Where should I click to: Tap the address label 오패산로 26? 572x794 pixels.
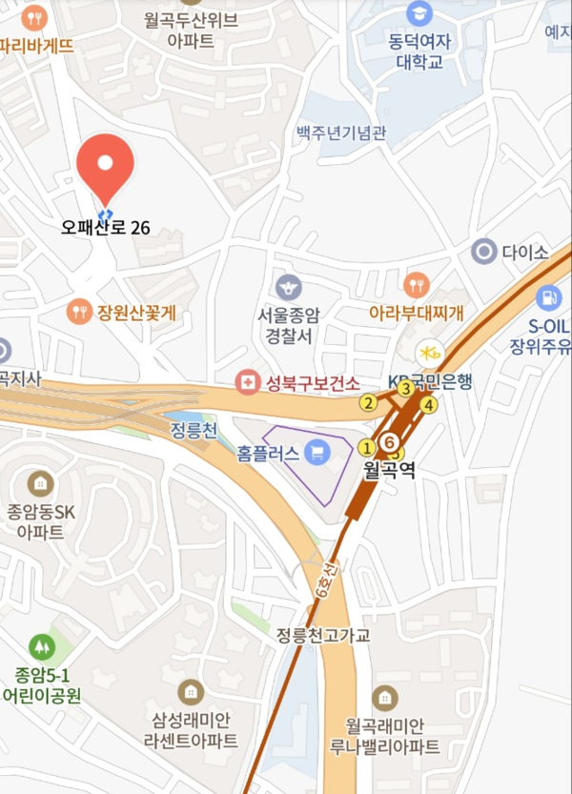pyautogui.click(x=106, y=228)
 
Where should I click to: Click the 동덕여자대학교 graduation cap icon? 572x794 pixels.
pyautogui.click(x=419, y=13)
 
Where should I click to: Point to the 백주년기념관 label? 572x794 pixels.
pyautogui.click(x=341, y=132)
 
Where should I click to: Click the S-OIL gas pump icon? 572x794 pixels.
pyautogui.click(x=548, y=297)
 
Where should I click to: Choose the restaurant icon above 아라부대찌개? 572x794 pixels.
pyautogui.click(x=417, y=284)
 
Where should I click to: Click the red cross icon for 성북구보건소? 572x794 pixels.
pyautogui.click(x=248, y=383)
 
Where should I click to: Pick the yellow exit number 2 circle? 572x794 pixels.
pyautogui.click(x=367, y=403)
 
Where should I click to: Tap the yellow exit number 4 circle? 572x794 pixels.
pyautogui.click(x=429, y=405)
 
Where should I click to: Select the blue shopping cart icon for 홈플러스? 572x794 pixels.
pyautogui.click(x=317, y=451)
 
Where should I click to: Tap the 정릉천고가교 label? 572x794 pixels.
pyautogui.click(x=323, y=635)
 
